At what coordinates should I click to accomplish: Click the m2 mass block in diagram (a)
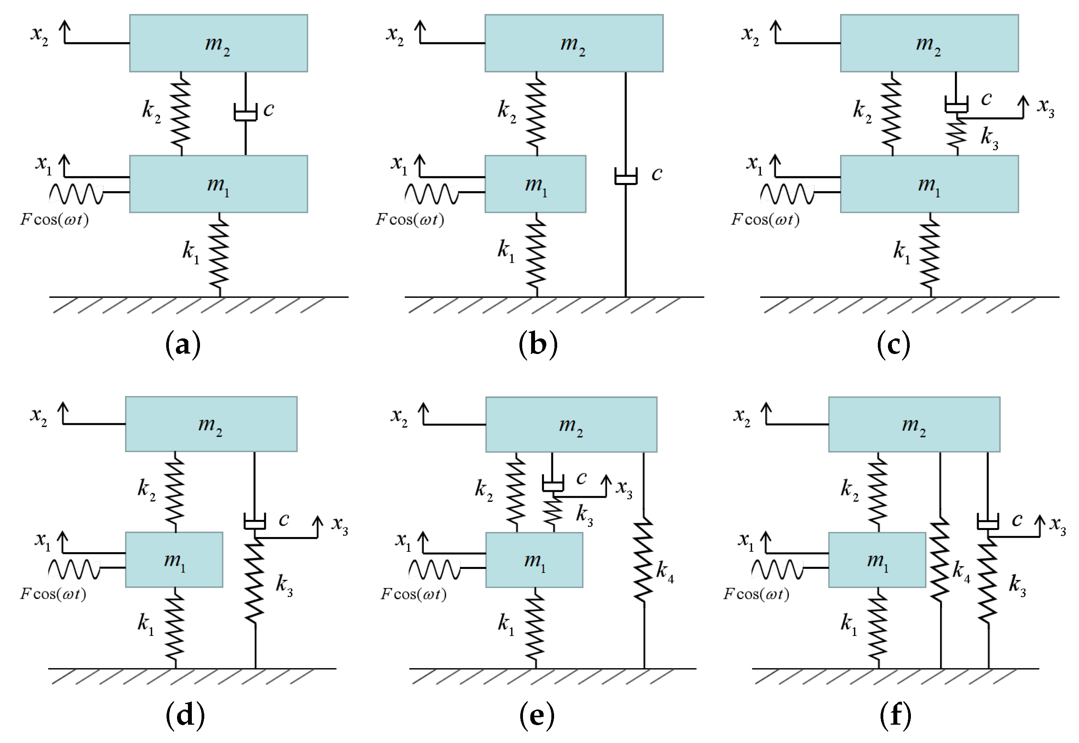pos(218,43)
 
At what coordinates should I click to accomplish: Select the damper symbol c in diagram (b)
pos(626,176)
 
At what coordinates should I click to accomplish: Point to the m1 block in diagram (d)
pos(174,560)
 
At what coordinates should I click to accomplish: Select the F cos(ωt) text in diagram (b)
pos(410,219)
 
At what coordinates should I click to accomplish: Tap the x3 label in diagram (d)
pos(340,525)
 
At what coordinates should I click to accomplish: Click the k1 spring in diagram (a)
pos(219,255)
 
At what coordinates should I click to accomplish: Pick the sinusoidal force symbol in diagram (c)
pos(787,194)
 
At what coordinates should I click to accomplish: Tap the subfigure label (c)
pos(893,345)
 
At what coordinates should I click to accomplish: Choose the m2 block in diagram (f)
pos(914,424)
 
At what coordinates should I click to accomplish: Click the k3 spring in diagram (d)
pos(255,581)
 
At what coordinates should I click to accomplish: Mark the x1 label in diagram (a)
pos(44,164)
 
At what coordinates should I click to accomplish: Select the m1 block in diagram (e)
pos(534,560)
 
